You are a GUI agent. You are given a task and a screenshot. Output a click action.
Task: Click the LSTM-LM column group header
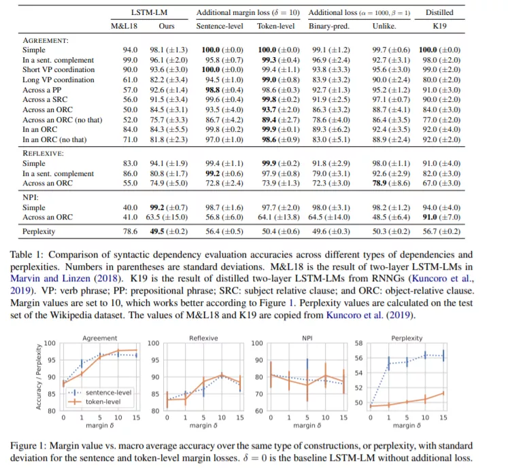(x=147, y=12)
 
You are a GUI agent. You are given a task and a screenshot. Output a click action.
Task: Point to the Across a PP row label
(x=42, y=90)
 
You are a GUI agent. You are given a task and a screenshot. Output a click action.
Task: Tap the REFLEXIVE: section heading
(x=43, y=153)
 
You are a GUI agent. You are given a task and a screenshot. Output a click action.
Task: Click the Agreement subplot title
(x=99, y=338)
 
